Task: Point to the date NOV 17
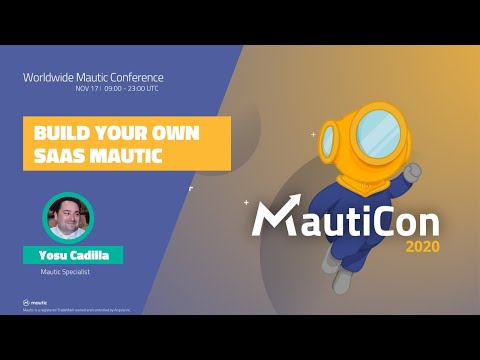[x=85, y=88]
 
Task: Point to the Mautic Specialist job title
[x=72, y=272]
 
